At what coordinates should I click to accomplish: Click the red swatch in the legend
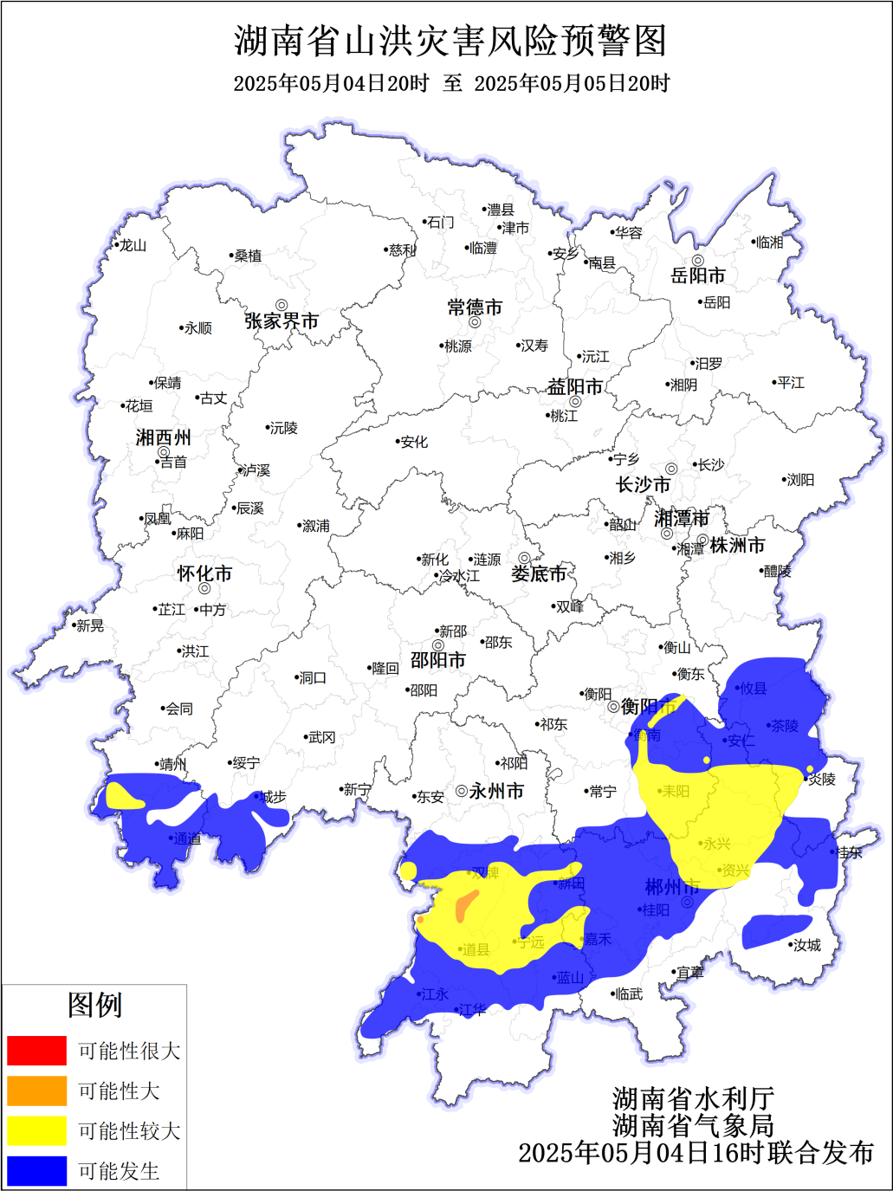click(x=36, y=1051)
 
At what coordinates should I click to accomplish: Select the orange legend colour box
click(x=36, y=1091)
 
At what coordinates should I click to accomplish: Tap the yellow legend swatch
click(x=36, y=1130)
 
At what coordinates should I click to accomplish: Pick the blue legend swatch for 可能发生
click(x=36, y=1171)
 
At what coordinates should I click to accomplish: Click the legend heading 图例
click(x=94, y=1006)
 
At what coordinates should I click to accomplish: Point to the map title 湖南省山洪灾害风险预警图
click(x=450, y=41)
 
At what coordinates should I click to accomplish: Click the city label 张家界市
click(x=281, y=321)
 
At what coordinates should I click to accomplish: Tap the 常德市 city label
click(x=475, y=307)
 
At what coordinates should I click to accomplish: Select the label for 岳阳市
click(x=697, y=275)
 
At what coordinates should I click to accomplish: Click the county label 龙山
click(x=133, y=246)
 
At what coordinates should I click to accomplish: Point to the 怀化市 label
click(x=204, y=573)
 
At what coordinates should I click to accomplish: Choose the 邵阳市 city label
click(x=437, y=660)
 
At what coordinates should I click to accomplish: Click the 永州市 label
click(x=496, y=791)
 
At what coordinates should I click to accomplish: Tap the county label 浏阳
click(x=800, y=480)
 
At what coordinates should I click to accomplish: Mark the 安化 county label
click(x=414, y=442)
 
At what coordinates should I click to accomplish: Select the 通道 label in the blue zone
click(x=186, y=838)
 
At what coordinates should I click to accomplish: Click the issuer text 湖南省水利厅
click(x=693, y=1099)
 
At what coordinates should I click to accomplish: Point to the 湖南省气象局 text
click(x=693, y=1125)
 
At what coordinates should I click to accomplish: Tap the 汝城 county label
click(x=806, y=945)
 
